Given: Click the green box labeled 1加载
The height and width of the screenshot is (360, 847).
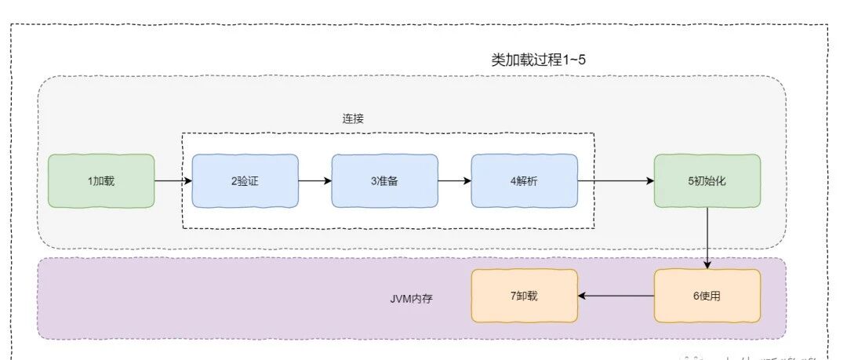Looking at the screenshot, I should (101, 180).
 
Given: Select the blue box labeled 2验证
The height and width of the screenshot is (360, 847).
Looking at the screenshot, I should (245, 180).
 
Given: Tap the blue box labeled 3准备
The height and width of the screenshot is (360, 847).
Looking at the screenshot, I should (384, 180).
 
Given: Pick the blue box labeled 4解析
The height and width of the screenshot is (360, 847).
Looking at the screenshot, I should (524, 180).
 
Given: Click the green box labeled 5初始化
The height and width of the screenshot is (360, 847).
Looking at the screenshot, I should (707, 180).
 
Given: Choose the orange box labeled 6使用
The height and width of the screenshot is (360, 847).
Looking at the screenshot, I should (707, 296).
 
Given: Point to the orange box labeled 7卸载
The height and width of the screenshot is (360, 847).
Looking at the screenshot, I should (524, 296).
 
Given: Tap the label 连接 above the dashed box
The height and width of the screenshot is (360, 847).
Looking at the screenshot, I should (353, 118).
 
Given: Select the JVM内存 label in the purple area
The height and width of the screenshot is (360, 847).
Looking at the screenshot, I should (412, 298).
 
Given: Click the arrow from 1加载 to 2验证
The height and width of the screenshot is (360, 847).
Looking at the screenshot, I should (173, 180).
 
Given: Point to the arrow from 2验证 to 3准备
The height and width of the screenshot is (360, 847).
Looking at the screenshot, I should (314, 180).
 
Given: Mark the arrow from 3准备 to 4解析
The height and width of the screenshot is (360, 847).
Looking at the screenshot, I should (454, 180).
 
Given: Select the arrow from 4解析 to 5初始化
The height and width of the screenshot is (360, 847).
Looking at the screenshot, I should (616, 180).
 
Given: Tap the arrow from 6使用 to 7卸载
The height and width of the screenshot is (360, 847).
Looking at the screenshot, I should (616, 296).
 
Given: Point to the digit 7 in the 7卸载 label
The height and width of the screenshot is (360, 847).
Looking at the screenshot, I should (512, 296).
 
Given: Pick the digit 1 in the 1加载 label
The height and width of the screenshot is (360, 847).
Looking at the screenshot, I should (90, 181).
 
